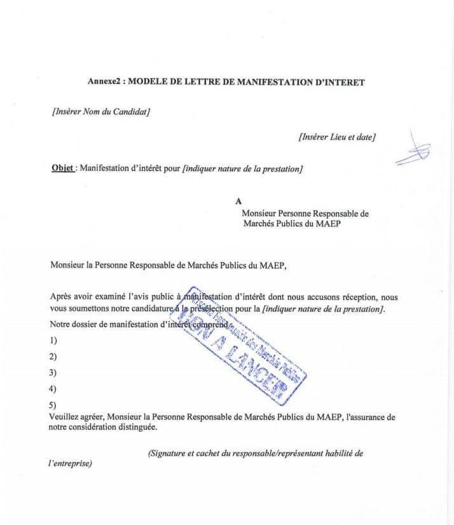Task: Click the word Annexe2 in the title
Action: click(x=103, y=82)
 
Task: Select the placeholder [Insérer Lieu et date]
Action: click(x=336, y=136)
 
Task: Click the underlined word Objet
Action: click(x=62, y=169)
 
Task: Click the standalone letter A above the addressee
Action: click(x=238, y=201)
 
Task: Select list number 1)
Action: click(x=53, y=341)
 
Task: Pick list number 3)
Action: click(x=53, y=373)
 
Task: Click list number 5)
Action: click(x=53, y=405)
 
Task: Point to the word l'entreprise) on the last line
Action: click(x=70, y=463)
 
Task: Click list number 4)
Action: click(x=53, y=389)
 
